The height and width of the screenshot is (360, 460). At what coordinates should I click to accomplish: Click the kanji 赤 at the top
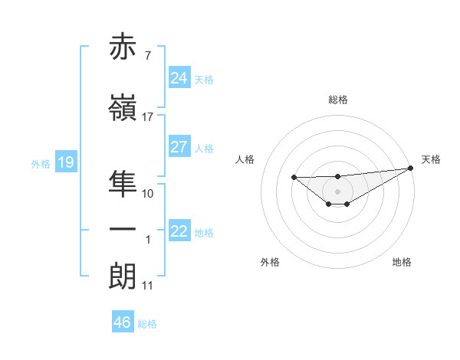click(x=123, y=48)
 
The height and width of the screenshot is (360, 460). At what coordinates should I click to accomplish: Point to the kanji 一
click(x=123, y=229)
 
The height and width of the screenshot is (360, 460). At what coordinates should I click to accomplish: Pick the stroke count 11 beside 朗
click(x=147, y=286)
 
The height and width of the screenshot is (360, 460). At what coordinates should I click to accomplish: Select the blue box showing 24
click(x=179, y=78)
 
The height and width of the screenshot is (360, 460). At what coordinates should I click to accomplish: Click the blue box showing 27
click(x=179, y=147)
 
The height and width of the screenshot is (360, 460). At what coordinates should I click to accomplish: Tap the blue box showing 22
click(x=179, y=231)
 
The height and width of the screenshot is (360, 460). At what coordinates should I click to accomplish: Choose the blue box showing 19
click(x=65, y=162)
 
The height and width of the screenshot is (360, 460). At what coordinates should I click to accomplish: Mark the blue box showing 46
click(x=122, y=322)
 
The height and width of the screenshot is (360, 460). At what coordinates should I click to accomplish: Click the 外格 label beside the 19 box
click(x=41, y=164)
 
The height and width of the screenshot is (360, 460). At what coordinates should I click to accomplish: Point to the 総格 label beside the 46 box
click(x=148, y=324)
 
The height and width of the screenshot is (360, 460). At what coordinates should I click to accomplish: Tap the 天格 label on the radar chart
click(x=431, y=159)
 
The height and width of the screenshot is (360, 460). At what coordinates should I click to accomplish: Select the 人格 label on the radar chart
click(x=245, y=159)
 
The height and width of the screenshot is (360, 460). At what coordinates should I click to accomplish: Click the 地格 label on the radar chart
click(x=402, y=262)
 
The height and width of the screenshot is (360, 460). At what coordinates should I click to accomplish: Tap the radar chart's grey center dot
click(x=337, y=191)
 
